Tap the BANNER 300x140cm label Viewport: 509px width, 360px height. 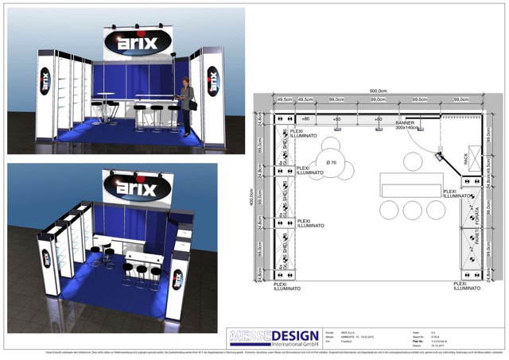(x=406, y=125)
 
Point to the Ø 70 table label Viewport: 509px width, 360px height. (x=332, y=162)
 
